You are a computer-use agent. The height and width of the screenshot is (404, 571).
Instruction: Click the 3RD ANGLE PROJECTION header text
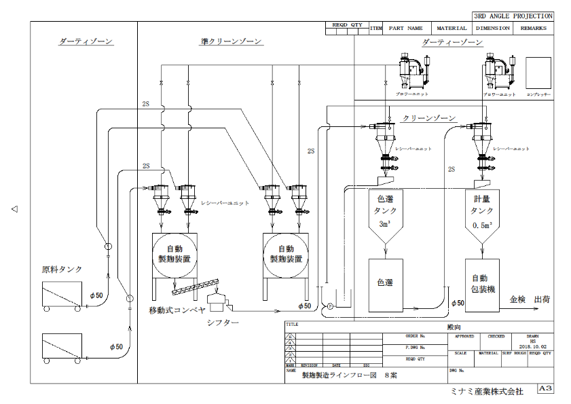tap(513, 16)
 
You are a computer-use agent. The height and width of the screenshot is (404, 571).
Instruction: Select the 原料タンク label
tap(62, 270)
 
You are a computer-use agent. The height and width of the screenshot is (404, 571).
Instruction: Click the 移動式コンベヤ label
tap(177, 310)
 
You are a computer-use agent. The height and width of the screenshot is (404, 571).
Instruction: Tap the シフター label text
tap(223, 322)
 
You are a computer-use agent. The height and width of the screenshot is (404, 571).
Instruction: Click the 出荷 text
tap(542, 299)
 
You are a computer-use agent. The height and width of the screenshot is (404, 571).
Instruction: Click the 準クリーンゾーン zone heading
tap(232, 42)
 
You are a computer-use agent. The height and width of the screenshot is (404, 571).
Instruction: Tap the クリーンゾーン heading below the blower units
tap(428, 118)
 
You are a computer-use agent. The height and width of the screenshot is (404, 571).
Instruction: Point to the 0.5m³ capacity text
tap(483, 225)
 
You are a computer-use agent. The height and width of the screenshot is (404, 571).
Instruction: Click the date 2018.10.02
tap(532, 345)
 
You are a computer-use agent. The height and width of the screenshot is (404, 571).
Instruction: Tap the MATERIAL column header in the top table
tap(452, 29)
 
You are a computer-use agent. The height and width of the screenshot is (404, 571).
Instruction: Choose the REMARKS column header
tap(533, 29)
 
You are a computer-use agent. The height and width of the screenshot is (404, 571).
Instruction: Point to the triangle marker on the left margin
tap(14, 209)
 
